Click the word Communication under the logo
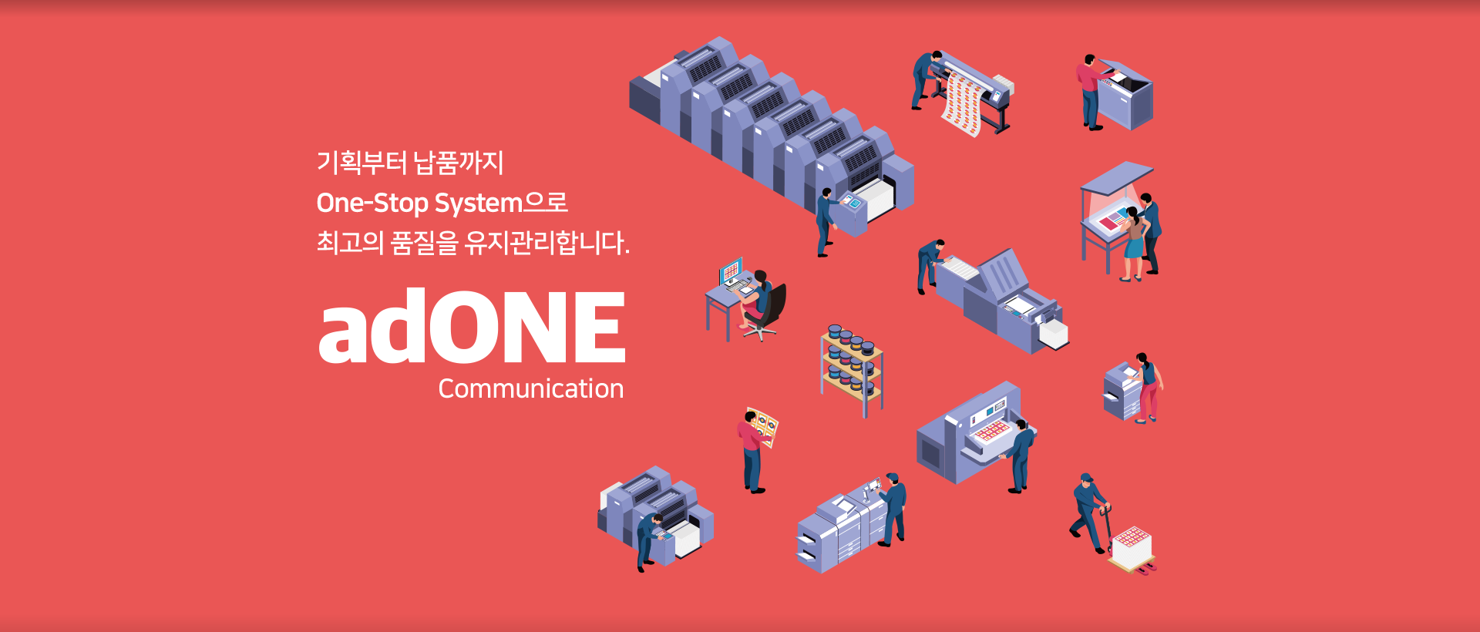click(530, 389)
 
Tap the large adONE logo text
click(472, 327)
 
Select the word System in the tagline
click(479, 203)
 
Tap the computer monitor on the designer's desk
click(731, 271)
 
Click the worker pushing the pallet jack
click(1088, 512)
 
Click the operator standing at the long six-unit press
click(826, 220)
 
